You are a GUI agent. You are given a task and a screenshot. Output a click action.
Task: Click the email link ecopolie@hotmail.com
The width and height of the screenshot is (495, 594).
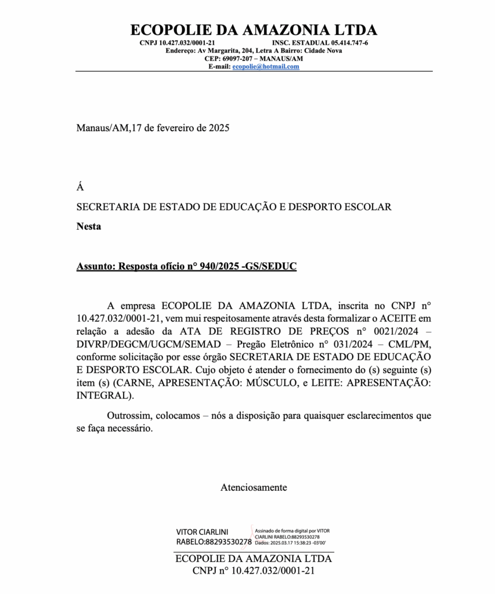click(266, 67)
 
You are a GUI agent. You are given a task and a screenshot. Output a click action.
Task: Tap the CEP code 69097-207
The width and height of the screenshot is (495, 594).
click(237, 59)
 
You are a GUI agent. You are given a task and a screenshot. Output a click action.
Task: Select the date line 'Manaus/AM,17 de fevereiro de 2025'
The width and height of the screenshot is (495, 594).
click(153, 128)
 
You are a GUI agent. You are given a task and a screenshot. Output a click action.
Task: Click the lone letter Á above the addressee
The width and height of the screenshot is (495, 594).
click(80, 187)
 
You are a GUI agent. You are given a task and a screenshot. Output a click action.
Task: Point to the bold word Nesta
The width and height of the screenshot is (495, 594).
click(89, 226)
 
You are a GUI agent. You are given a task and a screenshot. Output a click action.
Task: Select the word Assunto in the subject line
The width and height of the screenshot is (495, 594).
click(95, 266)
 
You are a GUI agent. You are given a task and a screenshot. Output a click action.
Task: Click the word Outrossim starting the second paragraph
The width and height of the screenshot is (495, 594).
click(128, 415)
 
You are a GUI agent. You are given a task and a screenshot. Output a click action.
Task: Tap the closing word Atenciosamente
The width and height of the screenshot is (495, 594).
click(254, 487)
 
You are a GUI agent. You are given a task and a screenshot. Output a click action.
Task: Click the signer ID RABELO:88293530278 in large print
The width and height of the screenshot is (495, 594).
click(214, 542)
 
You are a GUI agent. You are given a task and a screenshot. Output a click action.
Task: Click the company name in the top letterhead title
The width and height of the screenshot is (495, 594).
click(254, 30)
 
